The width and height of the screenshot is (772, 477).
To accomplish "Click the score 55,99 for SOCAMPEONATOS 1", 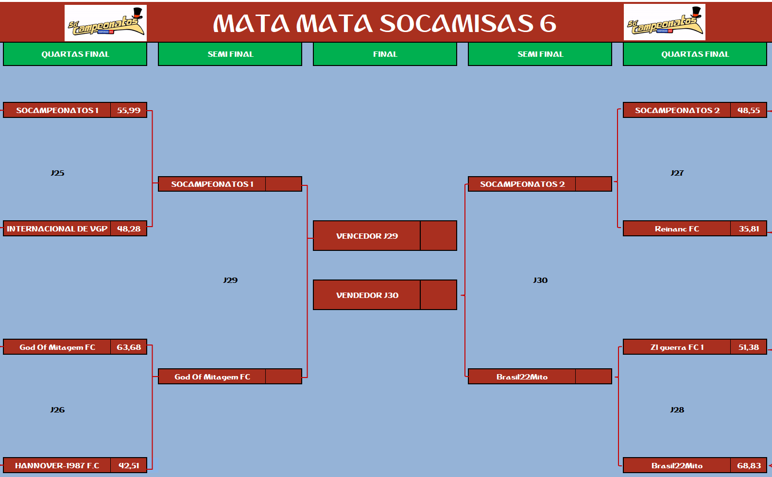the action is coord(129,111).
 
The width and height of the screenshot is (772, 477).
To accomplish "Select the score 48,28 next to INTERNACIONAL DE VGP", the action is coord(129,229).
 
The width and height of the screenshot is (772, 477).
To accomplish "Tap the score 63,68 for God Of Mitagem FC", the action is coord(129,347).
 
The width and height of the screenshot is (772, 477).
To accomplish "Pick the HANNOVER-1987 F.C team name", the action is coord(57,466).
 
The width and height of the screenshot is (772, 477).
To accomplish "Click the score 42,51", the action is coord(129,466).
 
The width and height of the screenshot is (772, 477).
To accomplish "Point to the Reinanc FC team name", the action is coord(677,229).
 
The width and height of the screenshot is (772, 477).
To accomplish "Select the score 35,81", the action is coord(749,229).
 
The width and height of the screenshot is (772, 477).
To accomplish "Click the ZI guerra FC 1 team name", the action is coord(677,347).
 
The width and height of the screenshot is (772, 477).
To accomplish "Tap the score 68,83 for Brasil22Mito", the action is coord(749,466).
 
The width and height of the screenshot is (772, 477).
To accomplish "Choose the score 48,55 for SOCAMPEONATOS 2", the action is coord(749,111).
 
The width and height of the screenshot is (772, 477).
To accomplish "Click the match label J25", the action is coord(57,173).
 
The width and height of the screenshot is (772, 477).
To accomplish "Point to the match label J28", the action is coord(677,410).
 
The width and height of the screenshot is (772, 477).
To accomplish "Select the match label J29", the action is coord(230,280).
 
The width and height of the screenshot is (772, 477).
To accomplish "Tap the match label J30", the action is coord(540,280).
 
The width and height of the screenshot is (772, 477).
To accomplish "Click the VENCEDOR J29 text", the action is coord(367,236).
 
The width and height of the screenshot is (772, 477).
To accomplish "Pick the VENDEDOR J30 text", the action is coord(367,296).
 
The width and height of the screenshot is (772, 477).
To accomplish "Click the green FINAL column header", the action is coord(385,54).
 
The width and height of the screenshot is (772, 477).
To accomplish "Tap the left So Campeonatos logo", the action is coord(105,23).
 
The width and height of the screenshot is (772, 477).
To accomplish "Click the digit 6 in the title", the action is coord(548,23).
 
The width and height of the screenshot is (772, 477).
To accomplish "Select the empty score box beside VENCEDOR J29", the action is coord(438,236).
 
